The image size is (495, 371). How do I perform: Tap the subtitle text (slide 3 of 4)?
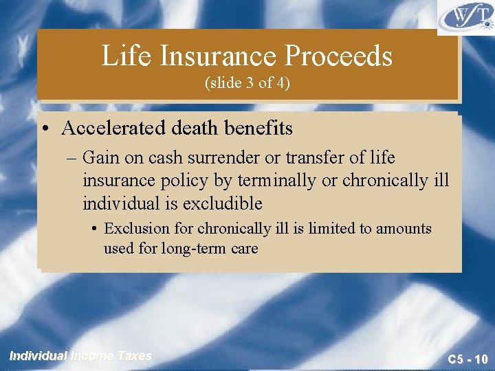click(247, 83)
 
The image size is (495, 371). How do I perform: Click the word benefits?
click(258, 128)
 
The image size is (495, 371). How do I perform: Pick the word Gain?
click(100, 157)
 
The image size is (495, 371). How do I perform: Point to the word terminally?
click(272, 180)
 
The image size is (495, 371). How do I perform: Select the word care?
click(244, 248)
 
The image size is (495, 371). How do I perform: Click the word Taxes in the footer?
click(134, 355)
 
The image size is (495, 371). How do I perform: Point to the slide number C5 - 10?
click(467, 359)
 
